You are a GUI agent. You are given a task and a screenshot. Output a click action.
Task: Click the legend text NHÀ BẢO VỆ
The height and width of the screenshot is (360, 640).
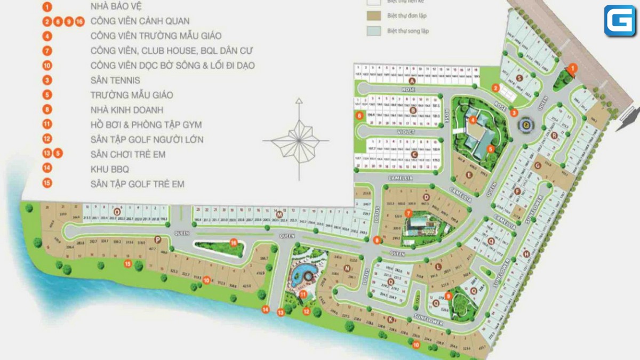click(x=115, y=7)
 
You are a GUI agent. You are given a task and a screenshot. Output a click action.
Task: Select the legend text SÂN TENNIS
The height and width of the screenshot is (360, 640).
click(x=115, y=80)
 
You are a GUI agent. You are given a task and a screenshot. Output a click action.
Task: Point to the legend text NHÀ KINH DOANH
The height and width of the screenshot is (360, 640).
click(x=127, y=110)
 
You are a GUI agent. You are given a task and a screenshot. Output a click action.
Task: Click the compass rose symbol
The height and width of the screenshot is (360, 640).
click(x=298, y=140)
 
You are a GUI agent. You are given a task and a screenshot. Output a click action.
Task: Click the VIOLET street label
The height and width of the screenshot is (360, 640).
click(x=405, y=131)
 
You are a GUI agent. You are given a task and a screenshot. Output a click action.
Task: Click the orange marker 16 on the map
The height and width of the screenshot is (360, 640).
click(x=233, y=242)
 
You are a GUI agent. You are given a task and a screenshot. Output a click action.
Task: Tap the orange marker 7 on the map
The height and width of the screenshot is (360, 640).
click(x=408, y=213)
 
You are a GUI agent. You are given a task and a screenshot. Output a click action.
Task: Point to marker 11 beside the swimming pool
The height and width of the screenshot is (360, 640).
click(x=303, y=294)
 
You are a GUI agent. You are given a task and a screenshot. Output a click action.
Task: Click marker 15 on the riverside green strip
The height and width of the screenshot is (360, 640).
click(x=127, y=263)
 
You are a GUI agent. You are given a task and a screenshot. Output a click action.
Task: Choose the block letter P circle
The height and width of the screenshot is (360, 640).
click(x=157, y=239)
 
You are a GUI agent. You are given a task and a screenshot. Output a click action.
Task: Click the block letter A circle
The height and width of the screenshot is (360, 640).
click(x=412, y=81)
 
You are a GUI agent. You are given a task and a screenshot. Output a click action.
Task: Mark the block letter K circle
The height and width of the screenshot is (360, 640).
click(x=391, y=319)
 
